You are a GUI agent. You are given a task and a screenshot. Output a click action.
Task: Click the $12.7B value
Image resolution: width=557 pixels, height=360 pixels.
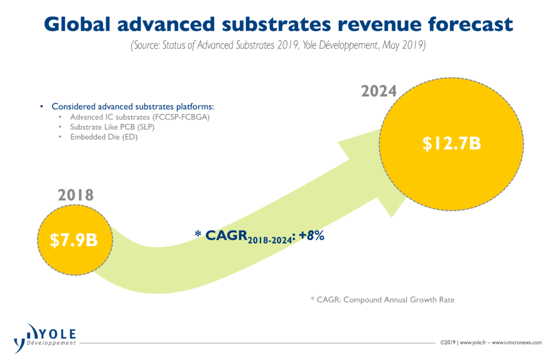451,144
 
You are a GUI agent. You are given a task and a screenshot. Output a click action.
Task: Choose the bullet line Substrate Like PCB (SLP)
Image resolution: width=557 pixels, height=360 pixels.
112,127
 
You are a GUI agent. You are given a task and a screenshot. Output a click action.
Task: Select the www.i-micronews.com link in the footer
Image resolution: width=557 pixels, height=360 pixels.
517,343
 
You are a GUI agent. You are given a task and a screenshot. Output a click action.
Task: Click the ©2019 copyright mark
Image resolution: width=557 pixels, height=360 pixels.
448,343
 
